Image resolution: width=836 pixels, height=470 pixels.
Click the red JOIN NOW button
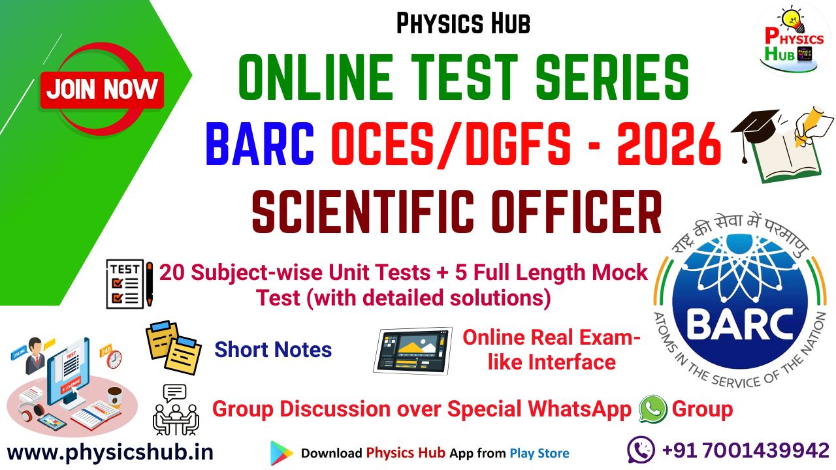103,89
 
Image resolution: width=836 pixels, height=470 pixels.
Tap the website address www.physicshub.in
110,452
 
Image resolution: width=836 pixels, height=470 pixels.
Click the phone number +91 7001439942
745,450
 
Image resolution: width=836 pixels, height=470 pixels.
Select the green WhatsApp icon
652,409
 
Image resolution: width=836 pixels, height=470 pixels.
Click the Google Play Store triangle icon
281,453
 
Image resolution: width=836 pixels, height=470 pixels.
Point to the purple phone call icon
641,450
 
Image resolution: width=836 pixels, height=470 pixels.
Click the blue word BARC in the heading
260,145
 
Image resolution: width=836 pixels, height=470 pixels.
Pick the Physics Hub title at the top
463,24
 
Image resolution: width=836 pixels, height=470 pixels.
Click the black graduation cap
756,128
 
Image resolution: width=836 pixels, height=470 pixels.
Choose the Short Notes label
273,350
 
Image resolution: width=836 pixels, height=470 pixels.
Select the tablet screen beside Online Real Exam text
413,350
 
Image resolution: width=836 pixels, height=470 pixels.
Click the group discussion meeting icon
174,410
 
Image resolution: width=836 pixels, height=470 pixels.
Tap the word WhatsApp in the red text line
580,410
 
